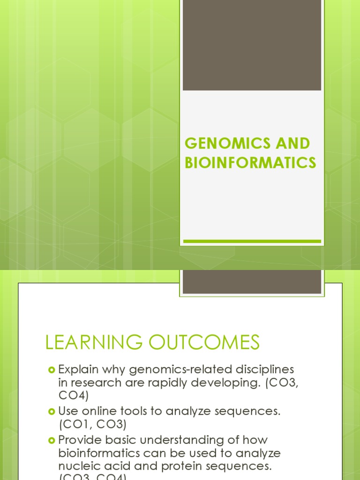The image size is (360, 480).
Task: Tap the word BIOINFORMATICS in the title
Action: [250, 163]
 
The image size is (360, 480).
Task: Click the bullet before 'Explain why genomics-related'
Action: [52, 370]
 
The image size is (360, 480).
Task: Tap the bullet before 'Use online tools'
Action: [52, 412]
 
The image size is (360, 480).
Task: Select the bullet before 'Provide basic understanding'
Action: [52, 440]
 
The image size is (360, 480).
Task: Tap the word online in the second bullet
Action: [106, 412]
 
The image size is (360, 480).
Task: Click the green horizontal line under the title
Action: [252, 241]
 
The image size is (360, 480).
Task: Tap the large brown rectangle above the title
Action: [252, 45]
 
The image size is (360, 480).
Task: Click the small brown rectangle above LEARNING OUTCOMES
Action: [252, 282]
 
